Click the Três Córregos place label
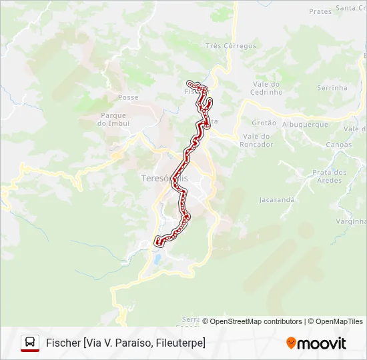point(231,46)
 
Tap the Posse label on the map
point(128,97)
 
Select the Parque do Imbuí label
point(113,119)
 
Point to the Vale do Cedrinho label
point(268,88)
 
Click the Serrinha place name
point(332,87)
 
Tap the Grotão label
point(264,123)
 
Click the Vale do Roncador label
point(256,140)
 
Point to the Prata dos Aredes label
point(330,176)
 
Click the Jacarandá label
point(277,199)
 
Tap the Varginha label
point(350,221)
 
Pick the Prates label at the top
point(320,11)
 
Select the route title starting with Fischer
point(125,343)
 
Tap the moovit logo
point(316,343)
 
